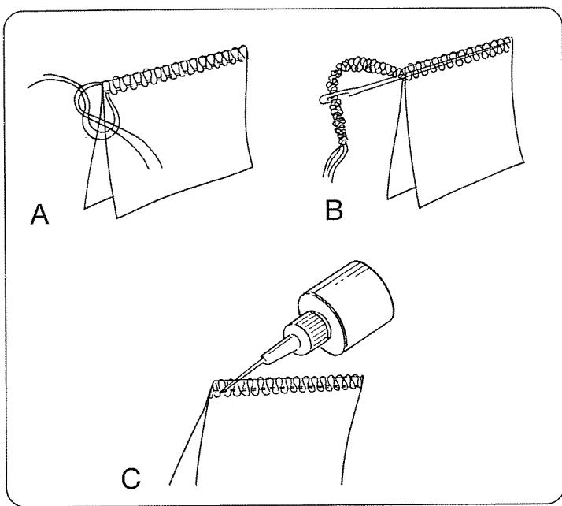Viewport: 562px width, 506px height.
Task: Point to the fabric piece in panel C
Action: pos(283,441)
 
